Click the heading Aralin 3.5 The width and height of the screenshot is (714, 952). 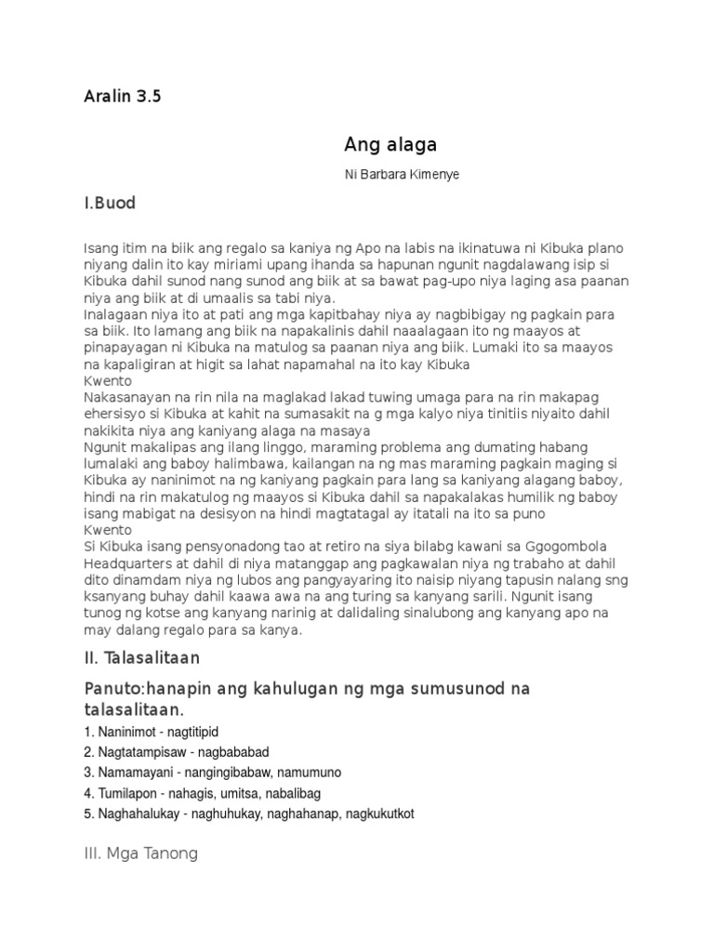coord(122,97)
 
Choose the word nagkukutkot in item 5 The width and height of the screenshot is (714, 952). coord(377,813)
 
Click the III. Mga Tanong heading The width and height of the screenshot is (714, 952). coord(140,853)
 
